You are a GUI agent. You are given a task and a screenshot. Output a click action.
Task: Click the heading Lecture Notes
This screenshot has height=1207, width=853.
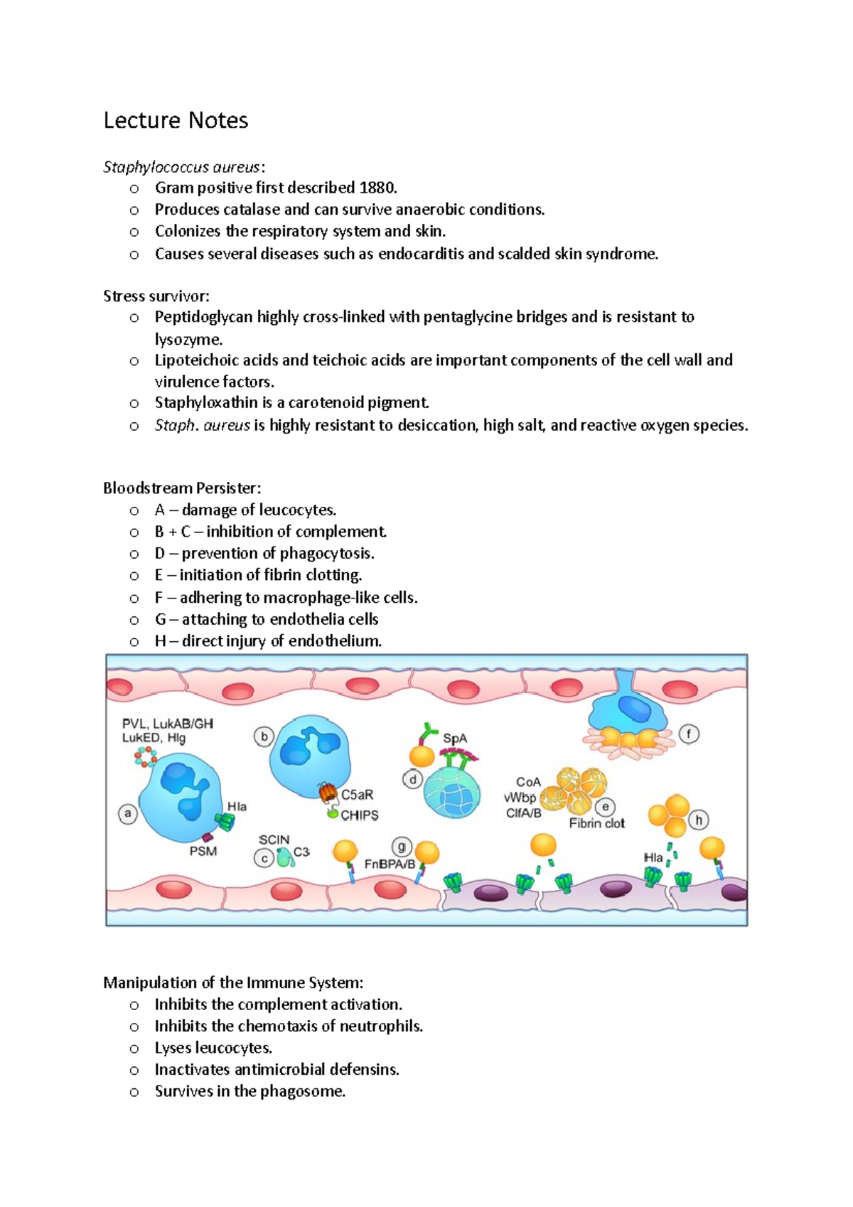[x=176, y=120]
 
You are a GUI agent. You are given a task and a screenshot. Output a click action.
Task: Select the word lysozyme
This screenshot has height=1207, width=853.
[x=188, y=339]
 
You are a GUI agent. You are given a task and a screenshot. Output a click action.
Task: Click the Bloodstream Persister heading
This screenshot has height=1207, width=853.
[x=182, y=488]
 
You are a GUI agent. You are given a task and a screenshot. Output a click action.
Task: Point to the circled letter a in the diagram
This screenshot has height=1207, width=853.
[x=128, y=814]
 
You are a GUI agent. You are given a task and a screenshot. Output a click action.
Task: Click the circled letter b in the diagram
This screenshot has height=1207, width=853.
[x=264, y=737]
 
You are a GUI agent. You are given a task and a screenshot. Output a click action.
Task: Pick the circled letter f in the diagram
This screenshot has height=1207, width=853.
[x=689, y=734]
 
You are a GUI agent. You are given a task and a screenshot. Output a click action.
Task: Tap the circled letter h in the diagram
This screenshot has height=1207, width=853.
[x=699, y=820]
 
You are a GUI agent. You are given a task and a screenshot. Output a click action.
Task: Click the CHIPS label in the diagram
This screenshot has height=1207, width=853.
[x=360, y=815]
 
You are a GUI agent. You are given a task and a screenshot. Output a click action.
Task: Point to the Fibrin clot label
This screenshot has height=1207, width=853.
[x=596, y=823]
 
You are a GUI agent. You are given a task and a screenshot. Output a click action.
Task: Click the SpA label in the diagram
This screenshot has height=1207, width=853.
[x=455, y=739]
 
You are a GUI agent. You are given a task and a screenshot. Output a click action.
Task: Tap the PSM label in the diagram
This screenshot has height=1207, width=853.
[x=203, y=851]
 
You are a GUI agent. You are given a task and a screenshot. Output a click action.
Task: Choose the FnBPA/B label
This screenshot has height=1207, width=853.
[x=390, y=864]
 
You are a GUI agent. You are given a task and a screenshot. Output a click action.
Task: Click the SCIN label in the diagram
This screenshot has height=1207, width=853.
[x=274, y=840]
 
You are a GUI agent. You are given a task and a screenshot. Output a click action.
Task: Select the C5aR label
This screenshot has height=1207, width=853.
[x=357, y=795]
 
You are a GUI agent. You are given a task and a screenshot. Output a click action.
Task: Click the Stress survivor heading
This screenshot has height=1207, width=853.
[x=156, y=296]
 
